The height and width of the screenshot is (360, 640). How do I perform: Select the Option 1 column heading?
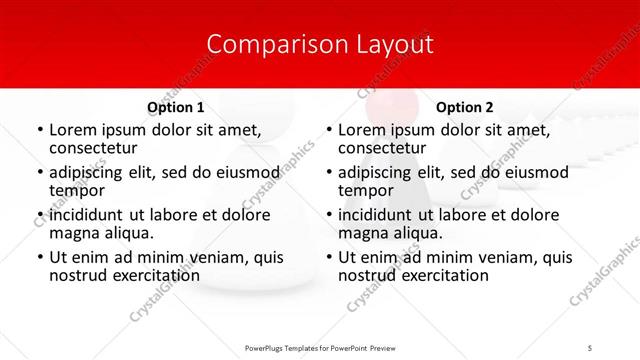click(x=176, y=107)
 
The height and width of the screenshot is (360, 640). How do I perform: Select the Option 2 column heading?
click(x=465, y=107)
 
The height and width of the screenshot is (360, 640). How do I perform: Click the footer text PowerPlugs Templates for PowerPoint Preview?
click(x=320, y=348)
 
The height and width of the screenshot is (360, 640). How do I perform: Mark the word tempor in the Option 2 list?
click(x=364, y=190)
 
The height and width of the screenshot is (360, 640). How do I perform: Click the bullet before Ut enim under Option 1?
click(x=39, y=258)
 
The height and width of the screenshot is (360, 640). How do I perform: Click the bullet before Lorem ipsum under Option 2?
click(x=328, y=130)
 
